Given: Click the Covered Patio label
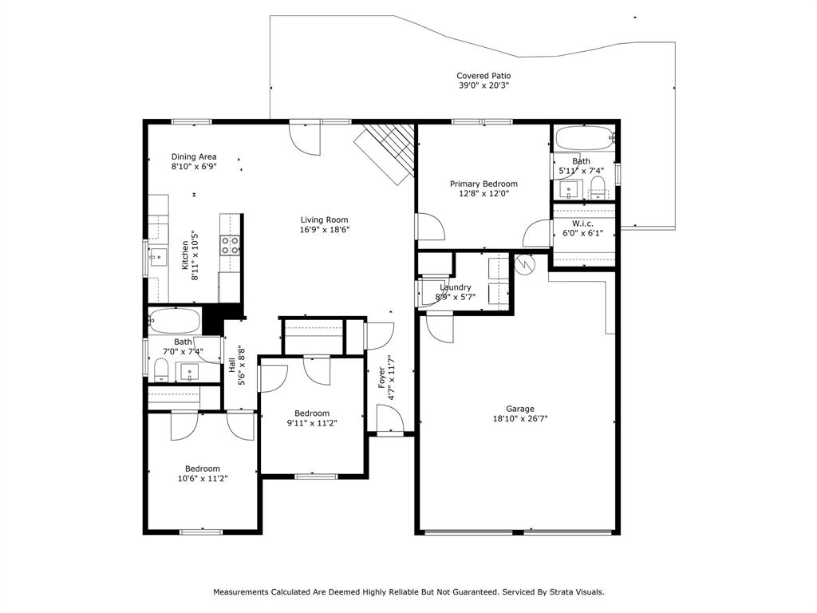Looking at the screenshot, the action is [483, 76].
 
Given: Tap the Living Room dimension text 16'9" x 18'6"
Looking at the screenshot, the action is [324, 229].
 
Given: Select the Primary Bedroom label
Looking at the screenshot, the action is [483, 184].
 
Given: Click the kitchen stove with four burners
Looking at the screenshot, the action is [230, 245].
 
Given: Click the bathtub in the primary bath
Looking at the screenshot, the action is [583, 137].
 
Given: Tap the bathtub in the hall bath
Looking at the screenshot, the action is [174, 321].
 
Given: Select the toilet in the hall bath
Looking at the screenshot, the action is [161, 369].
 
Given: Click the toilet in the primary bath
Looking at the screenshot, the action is [598, 187].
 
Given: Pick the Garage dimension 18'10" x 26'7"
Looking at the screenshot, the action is [520, 418].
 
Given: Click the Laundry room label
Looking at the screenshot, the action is [456, 287].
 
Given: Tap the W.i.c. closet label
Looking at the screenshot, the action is [582, 223].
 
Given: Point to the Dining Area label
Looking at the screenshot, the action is [194, 156].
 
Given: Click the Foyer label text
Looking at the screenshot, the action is [381, 377].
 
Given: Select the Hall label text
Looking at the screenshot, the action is [231, 365].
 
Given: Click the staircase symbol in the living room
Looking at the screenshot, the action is [385, 152].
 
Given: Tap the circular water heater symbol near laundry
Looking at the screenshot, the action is [525, 264].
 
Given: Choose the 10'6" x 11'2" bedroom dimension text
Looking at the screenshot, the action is [203, 479].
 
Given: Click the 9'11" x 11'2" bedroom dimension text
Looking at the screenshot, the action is [312, 423].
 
